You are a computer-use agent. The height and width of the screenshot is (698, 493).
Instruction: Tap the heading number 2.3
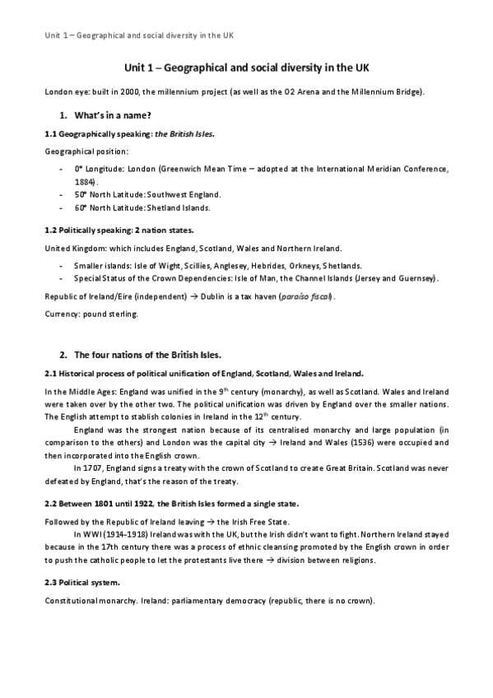tap(50, 582)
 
